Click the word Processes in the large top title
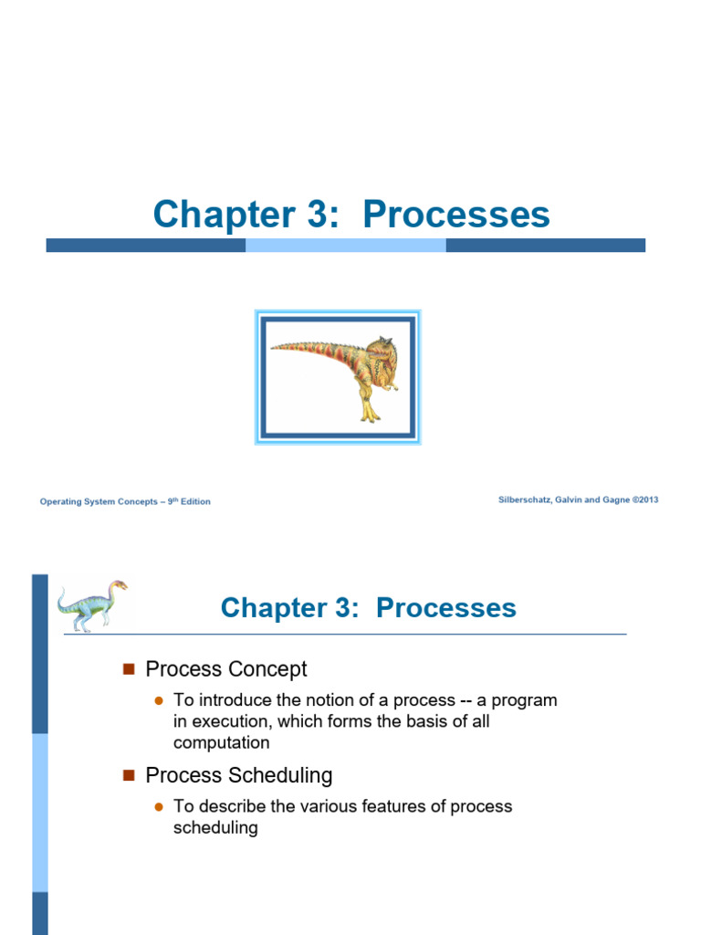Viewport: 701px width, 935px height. [x=455, y=215]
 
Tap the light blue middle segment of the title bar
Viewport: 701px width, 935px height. [x=345, y=245]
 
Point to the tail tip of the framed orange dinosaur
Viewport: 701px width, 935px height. [x=274, y=347]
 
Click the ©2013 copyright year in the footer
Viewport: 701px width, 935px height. [x=643, y=499]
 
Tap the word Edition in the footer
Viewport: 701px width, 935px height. [x=195, y=501]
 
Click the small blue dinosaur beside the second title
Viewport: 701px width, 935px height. [x=92, y=604]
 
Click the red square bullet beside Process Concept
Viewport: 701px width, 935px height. [x=128, y=669]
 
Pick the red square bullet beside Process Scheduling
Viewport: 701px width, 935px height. [x=128, y=775]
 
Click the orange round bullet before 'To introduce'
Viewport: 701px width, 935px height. [x=158, y=700]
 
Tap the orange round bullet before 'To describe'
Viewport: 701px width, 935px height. [x=158, y=806]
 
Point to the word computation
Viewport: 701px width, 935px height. [x=221, y=742]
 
